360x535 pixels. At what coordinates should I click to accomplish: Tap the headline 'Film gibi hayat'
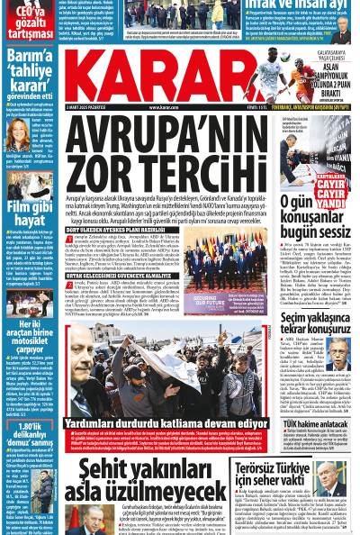(x=30, y=213)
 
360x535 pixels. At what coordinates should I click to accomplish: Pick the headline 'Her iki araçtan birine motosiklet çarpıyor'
(x=30, y=338)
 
